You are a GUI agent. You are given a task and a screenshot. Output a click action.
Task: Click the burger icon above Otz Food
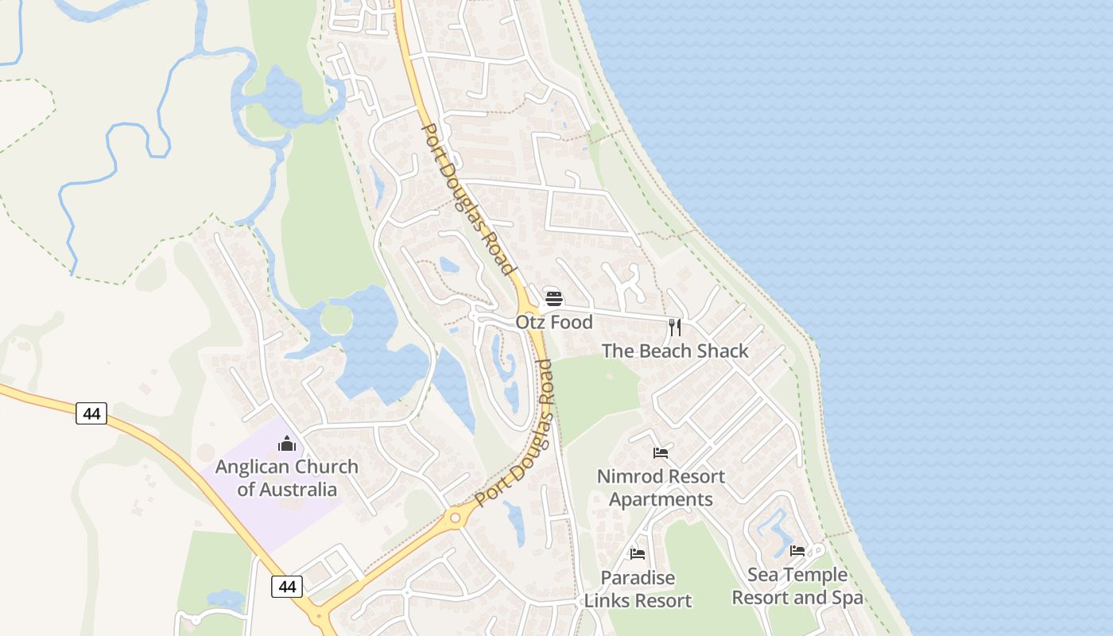point(554,300)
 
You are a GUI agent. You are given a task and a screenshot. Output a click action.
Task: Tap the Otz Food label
point(554,322)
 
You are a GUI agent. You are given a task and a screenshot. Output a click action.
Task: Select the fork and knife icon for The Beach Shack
point(675,327)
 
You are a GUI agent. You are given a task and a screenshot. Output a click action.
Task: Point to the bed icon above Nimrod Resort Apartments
point(661,453)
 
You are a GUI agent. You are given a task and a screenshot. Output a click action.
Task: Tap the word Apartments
point(661,499)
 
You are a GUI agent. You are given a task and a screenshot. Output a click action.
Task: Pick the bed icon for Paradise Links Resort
point(638,554)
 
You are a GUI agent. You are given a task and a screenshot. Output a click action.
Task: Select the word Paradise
point(638,578)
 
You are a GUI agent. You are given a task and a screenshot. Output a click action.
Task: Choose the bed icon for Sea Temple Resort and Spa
point(797,551)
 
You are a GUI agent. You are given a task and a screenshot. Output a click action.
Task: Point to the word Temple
point(816,575)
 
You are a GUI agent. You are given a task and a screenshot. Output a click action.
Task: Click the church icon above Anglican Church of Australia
point(287,444)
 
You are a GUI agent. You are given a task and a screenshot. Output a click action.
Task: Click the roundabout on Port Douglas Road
point(455,518)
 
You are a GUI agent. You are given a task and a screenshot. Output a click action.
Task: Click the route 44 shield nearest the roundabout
point(287,587)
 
